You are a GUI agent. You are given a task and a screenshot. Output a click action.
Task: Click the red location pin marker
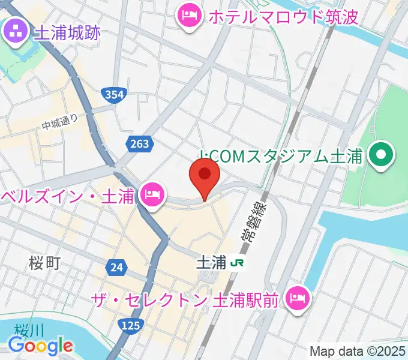(204, 176)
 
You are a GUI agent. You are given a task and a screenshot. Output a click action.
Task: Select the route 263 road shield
(139, 143)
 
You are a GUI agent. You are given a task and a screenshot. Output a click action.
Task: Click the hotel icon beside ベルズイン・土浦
(152, 194)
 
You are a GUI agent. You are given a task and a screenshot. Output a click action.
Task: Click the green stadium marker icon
(381, 157)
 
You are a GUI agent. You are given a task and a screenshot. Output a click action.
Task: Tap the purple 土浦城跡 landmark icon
(14, 31)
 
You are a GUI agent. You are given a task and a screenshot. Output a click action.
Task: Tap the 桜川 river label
(26, 329)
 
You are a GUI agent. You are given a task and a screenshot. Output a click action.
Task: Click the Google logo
(40, 346)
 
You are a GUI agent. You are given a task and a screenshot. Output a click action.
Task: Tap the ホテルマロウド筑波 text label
(283, 16)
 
